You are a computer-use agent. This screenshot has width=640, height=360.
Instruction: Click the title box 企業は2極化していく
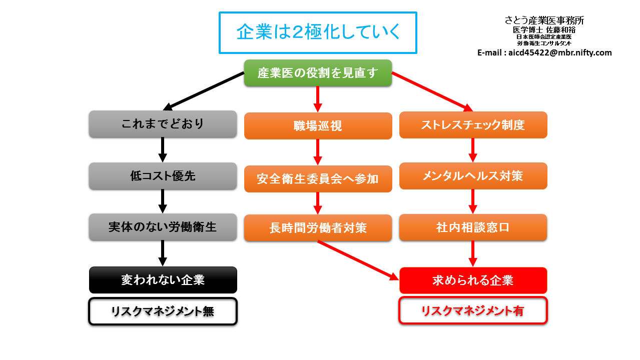point(318,32)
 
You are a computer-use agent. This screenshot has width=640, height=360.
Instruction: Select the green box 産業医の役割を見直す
point(318,73)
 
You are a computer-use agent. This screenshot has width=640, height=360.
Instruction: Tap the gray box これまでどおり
point(163,124)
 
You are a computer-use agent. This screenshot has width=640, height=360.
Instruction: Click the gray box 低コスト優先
point(163,176)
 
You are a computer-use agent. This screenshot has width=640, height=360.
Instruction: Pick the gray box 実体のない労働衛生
point(163,227)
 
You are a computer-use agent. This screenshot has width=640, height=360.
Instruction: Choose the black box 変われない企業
point(163,279)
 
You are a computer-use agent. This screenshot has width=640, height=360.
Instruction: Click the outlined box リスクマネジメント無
point(163,311)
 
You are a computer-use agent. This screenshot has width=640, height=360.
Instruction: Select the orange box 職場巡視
point(318,125)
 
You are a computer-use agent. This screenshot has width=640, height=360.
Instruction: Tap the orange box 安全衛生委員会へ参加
point(318,178)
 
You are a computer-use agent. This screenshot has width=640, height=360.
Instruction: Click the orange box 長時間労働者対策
point(318,228)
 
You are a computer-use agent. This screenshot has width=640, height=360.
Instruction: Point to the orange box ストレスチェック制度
point(473,125)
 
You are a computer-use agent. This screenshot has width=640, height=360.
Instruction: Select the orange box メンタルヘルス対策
point(473,176)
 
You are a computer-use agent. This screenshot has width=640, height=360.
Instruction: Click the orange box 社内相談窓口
point(473,227)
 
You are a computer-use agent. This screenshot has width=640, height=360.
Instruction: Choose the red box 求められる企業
point(473,280)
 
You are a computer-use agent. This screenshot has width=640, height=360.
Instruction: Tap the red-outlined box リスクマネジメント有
point(473,310)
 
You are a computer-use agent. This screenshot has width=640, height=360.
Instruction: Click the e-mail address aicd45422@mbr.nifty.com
point(544,52)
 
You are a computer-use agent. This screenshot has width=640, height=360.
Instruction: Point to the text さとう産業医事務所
point(544,20)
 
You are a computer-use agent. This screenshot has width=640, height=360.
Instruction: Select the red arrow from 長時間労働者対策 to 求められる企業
point(358,259)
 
